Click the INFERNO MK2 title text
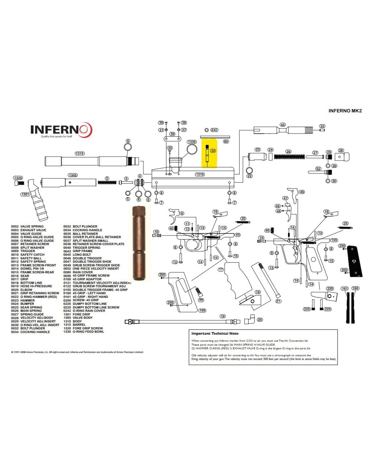pos(345,111)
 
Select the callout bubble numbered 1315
pos(80,154)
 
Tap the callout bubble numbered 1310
pos(200,174)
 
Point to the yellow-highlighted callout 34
pos(213,151)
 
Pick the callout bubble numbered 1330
pos(192,142)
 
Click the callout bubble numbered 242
pos(214,130)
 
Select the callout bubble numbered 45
pos(283,125)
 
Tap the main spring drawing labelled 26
pos(289,157)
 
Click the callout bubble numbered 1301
pos(25,194)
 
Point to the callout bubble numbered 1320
pos(18,178)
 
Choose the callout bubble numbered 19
pos(223,316)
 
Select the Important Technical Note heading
pos(215,333)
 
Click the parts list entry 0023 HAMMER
pos(27,300)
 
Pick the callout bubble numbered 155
pos(334,240)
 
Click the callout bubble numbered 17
pos(221,269)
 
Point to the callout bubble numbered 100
pos(202,310)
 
